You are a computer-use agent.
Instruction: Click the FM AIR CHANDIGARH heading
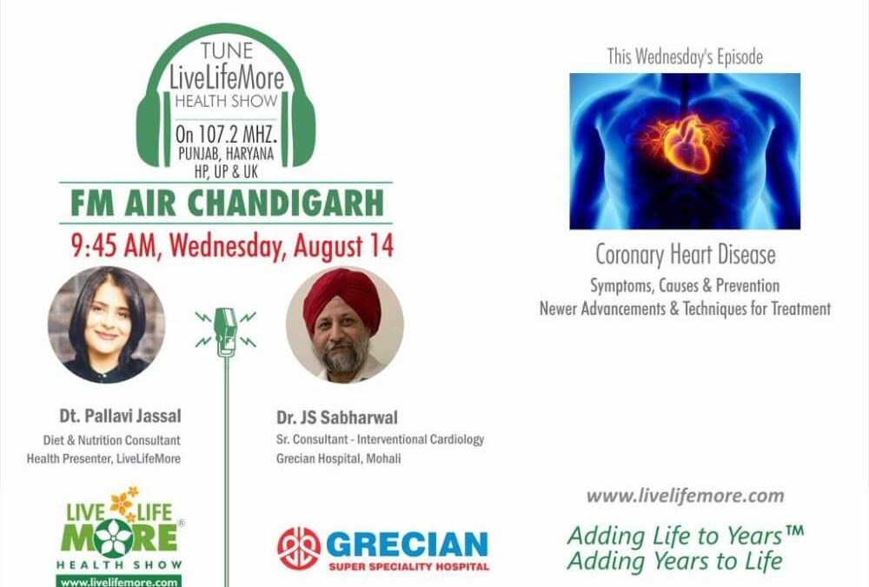point(225,203)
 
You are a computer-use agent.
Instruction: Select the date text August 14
point(342,245)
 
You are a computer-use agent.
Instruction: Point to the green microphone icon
point(225,331)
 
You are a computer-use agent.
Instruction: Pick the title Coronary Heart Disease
point(685,256)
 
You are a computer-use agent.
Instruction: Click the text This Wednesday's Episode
point(685,57)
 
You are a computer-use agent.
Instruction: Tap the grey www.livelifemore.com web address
point(685,497)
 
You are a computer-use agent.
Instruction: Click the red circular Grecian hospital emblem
point(298,548)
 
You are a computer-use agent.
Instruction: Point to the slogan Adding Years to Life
point(674,561)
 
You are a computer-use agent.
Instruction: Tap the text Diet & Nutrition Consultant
point(112,440)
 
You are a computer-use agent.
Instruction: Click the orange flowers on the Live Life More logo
point(123,503)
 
